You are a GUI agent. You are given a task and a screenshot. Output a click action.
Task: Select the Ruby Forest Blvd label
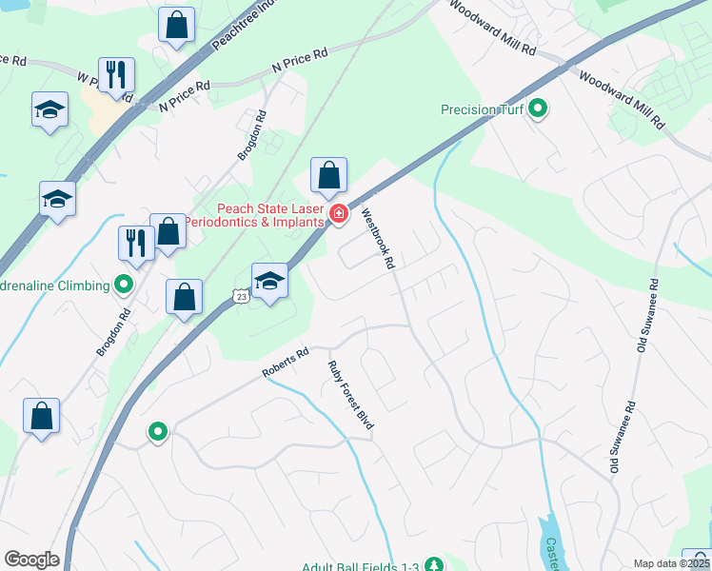click(x=350, y=401)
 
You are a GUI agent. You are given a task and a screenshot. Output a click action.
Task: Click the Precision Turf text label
click(x=483, y=109)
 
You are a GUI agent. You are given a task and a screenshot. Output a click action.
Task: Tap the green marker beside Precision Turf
click(x=538, y=109)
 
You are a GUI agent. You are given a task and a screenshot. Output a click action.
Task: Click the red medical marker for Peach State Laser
click(x=338, y=215)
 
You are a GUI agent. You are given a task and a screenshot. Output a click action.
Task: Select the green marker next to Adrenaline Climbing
click(x=123, y=284)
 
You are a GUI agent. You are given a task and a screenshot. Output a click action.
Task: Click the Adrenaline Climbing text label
click(x=56, y=284)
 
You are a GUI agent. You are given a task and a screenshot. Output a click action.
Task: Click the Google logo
click(x=31, y=560)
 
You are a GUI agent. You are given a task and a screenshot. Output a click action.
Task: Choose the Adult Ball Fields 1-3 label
click(x=361, y=567)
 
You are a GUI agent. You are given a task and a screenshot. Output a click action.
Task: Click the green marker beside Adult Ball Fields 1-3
click(x=433, y=565)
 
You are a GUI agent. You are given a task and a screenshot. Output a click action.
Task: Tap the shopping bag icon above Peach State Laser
click(x=328, y=176)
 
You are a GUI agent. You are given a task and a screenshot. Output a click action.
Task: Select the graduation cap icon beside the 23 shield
click(x=270, y=281)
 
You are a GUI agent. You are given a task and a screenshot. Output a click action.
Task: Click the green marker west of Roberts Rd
click(x=158, y=432)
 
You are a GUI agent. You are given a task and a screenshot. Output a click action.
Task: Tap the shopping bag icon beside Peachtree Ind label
click(x=177, y=26)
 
